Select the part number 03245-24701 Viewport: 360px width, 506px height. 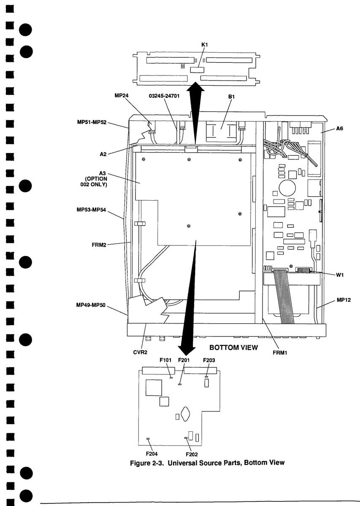pos(164,96)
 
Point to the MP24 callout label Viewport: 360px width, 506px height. pos(122,96)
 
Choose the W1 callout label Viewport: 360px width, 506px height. pos(340,275)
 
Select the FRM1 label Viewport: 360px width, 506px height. pos(279,353)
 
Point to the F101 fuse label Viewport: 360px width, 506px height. pos(165,360)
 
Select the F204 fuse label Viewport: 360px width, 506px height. pos(152,454)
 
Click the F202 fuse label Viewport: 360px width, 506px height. pos(192,454)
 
